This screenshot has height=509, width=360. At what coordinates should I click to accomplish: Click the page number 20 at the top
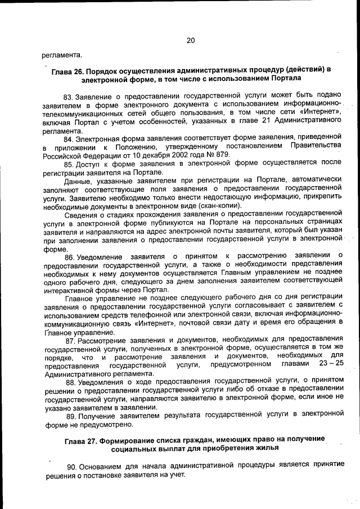tap(190, 40)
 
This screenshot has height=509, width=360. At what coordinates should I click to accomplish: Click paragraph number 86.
tap(70, 257)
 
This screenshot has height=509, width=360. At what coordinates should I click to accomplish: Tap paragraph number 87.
tap(71, 340)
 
